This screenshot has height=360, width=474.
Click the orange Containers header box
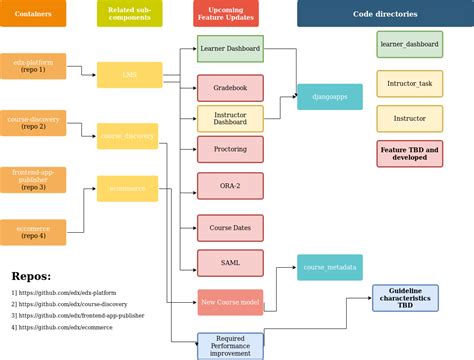33,14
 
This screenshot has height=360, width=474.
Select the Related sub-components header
129,14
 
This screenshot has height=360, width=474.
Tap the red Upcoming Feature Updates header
225,14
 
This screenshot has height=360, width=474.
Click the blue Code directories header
385,14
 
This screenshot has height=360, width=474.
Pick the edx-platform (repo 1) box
33,66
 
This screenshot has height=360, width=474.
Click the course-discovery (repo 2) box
33,123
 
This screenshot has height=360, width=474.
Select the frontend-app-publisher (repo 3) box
33,180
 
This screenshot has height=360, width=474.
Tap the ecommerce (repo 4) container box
33,232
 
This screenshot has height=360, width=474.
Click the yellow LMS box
129,75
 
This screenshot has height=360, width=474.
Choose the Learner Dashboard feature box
230,49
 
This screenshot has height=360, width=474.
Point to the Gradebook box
230,88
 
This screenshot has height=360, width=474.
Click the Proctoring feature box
230,149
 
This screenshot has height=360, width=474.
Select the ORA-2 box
230,185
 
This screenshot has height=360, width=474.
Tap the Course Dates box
230,228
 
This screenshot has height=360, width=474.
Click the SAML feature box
230,262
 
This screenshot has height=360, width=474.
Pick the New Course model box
230,303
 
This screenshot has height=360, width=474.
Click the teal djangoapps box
330,97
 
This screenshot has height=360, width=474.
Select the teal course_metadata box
330,267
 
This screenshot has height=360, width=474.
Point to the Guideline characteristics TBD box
405,299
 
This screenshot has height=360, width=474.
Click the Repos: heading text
31,276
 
